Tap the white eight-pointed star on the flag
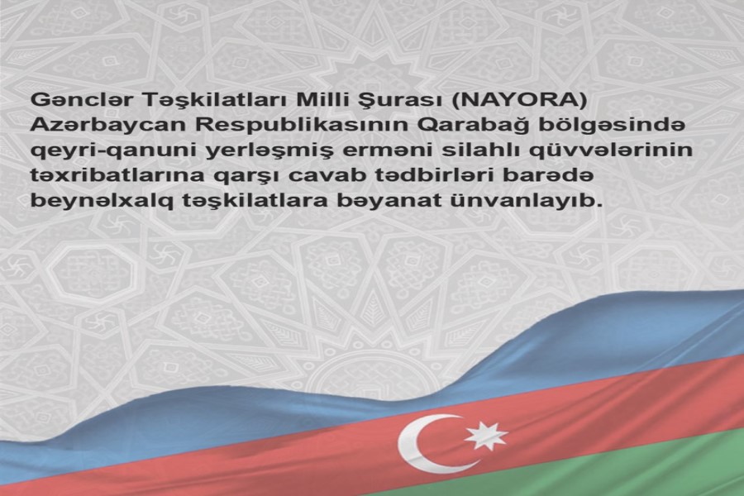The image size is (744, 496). pos(484,436)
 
